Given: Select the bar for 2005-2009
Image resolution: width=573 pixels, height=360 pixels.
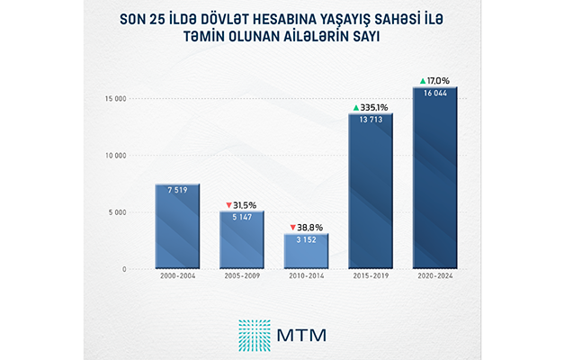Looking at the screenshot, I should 241,240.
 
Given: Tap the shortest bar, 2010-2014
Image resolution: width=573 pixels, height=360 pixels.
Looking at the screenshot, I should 306,252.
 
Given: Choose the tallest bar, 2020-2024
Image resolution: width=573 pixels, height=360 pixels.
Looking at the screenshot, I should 434,180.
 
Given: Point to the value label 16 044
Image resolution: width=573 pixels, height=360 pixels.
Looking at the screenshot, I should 434,94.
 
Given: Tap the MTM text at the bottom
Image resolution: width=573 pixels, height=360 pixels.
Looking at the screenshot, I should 302,333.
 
